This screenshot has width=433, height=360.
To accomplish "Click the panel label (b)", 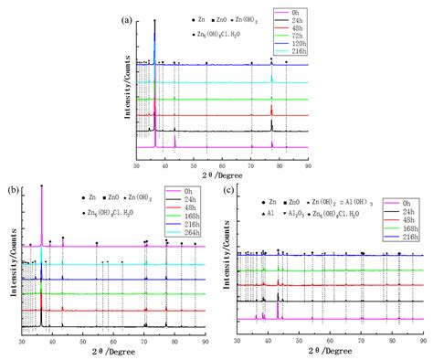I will click(12, 189).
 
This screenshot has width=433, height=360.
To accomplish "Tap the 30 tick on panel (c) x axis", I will click(238, 340).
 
